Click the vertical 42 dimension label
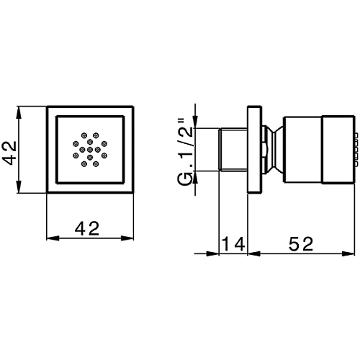(9, 153)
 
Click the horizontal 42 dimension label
(87, 228)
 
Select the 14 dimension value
(233, 243)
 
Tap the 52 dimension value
(301, 243)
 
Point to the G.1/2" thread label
(185, 152)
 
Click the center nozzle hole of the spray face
(90, 150)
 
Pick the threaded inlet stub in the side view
(233, 150)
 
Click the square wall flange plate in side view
(255, 149)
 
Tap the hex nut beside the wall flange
(266, 149)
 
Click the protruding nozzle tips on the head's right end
(356, 149)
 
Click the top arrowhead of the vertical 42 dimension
(19, 112)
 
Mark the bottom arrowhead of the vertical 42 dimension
(19, 186)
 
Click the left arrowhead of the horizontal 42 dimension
(53, 238)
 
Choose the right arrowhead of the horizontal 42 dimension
(127, 238)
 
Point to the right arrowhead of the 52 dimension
(348, 253)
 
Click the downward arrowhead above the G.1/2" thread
(195, 122)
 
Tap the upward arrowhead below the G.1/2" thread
(195, 177)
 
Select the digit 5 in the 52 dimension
(294, 243)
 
